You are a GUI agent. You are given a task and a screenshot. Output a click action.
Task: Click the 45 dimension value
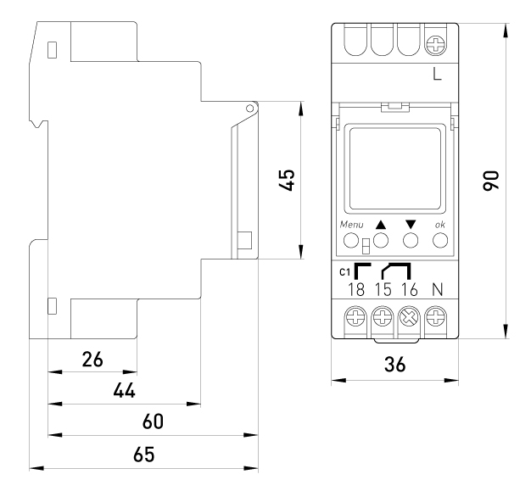coord(287,180)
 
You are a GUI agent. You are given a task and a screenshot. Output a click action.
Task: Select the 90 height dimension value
coord(491,181)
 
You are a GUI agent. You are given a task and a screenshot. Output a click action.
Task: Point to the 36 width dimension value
coord(395,365)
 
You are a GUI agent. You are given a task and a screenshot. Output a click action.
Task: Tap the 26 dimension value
coord(92,360)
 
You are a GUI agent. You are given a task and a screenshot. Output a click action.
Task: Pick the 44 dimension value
coord(125,391)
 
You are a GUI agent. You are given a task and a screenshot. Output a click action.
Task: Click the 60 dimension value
coord(153,421)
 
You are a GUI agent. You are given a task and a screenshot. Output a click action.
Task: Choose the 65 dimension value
coord(144,454)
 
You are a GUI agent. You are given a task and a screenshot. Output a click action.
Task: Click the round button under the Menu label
coord(351,241)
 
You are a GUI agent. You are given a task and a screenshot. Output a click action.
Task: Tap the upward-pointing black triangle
coord(381,225)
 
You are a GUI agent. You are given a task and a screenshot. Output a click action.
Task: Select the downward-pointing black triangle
coord(411,225)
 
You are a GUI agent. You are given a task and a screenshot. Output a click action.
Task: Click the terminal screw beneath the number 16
coord(409,318)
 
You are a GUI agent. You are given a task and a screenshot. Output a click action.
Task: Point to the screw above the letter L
coord(435,44)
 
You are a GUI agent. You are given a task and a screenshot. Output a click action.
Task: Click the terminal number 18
coord(356,290)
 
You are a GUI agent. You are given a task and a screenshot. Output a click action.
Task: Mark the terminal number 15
coord(383,290)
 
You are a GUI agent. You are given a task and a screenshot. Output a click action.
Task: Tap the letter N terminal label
coord(438,290)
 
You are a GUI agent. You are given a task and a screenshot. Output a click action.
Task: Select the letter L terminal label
coord(437,74)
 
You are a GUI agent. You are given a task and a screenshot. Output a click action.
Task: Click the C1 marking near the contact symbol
coord(344,272)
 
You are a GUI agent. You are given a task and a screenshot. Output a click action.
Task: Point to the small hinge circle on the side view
coord(249,109)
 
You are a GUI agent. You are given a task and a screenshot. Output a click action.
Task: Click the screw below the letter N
coord(435,318)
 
